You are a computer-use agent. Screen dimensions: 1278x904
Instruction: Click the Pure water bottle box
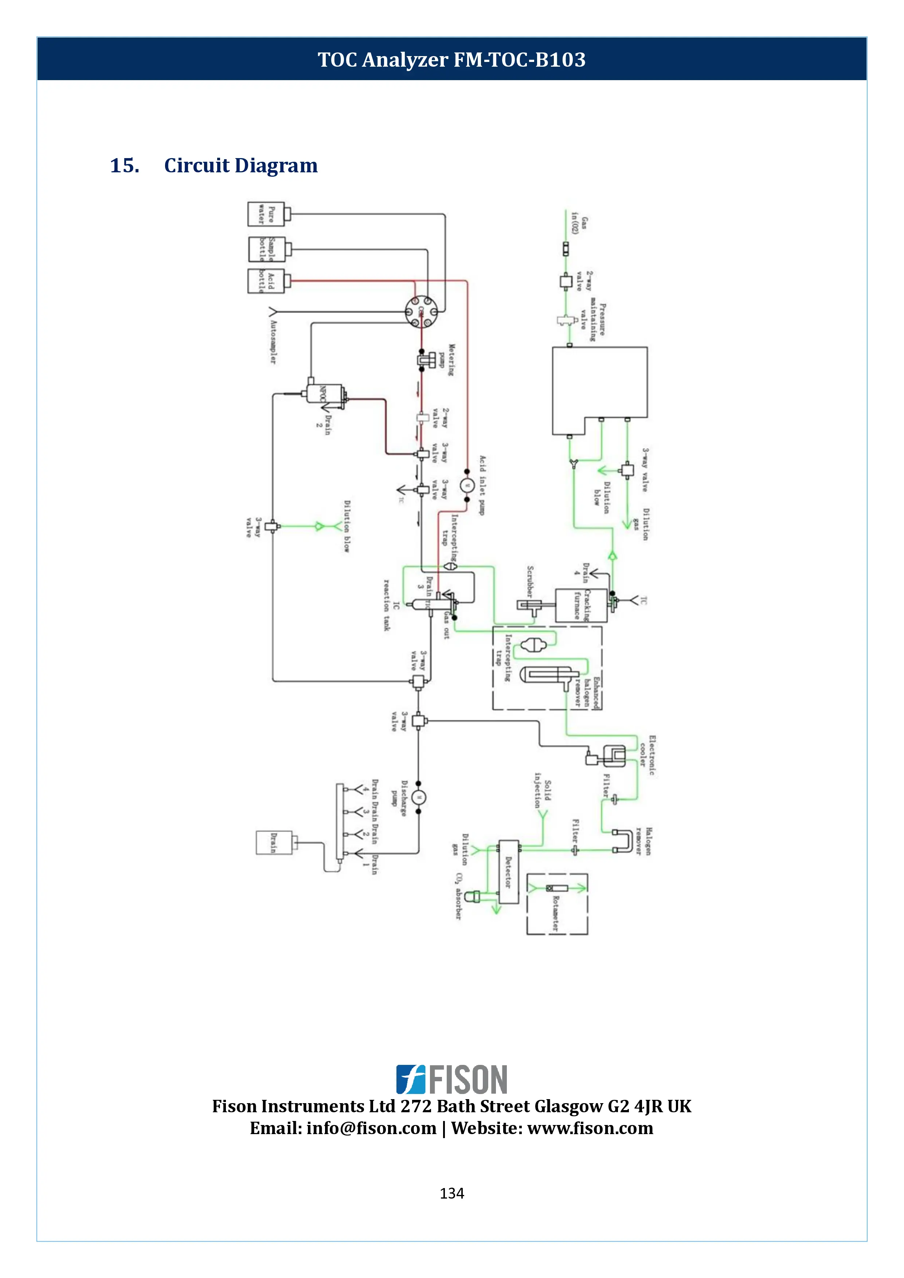(x=266, y=214)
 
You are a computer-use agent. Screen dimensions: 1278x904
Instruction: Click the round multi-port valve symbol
(x=421, y=312)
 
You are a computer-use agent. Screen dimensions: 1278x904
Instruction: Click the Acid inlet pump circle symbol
(x=467, y=485)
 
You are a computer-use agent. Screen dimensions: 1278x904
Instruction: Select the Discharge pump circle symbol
(x=419, y=797)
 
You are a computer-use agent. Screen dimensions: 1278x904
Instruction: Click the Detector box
(x=508, y=872)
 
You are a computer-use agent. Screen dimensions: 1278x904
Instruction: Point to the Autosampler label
(x=273, y=342)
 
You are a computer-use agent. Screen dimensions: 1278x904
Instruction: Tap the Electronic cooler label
(x=647, y=755)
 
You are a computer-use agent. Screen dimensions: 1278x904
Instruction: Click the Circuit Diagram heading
(x=240, y=165)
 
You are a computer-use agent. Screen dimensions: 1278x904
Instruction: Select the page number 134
(x=451, y=1193)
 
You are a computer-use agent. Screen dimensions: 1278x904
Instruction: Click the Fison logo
(x=451, y=1079)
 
